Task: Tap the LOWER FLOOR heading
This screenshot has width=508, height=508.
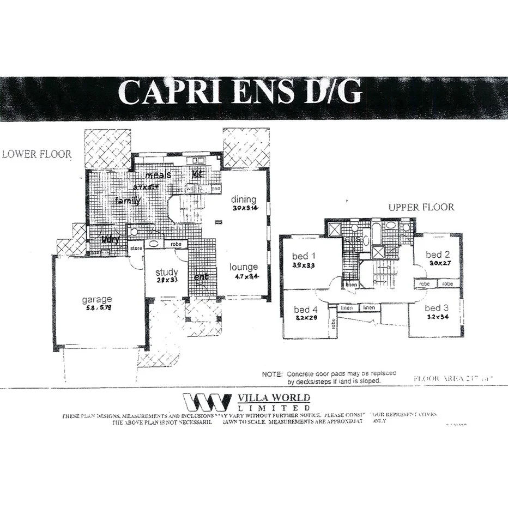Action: (37, 154)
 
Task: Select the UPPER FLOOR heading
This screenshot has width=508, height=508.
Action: (421, 208)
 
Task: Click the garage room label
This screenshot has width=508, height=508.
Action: (97, 299)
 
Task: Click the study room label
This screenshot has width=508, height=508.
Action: (167, 272)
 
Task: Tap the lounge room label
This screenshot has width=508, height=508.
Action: (243, 267)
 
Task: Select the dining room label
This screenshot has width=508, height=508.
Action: (243, 199)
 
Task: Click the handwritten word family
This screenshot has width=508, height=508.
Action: (128, 201)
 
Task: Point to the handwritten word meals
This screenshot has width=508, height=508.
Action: (158, 175)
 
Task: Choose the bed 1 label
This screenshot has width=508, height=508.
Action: (304, 256)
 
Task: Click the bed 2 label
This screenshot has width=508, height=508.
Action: (437, 255)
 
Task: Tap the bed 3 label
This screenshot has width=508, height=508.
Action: (437, 308)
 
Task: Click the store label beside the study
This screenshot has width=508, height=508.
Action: (136, 249)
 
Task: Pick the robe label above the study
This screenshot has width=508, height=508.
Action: (176, 245)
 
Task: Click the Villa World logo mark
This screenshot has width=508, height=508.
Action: (207, 402)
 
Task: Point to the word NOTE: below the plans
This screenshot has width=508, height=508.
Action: (272, 374)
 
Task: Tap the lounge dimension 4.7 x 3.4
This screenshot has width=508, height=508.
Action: (244, 276)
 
